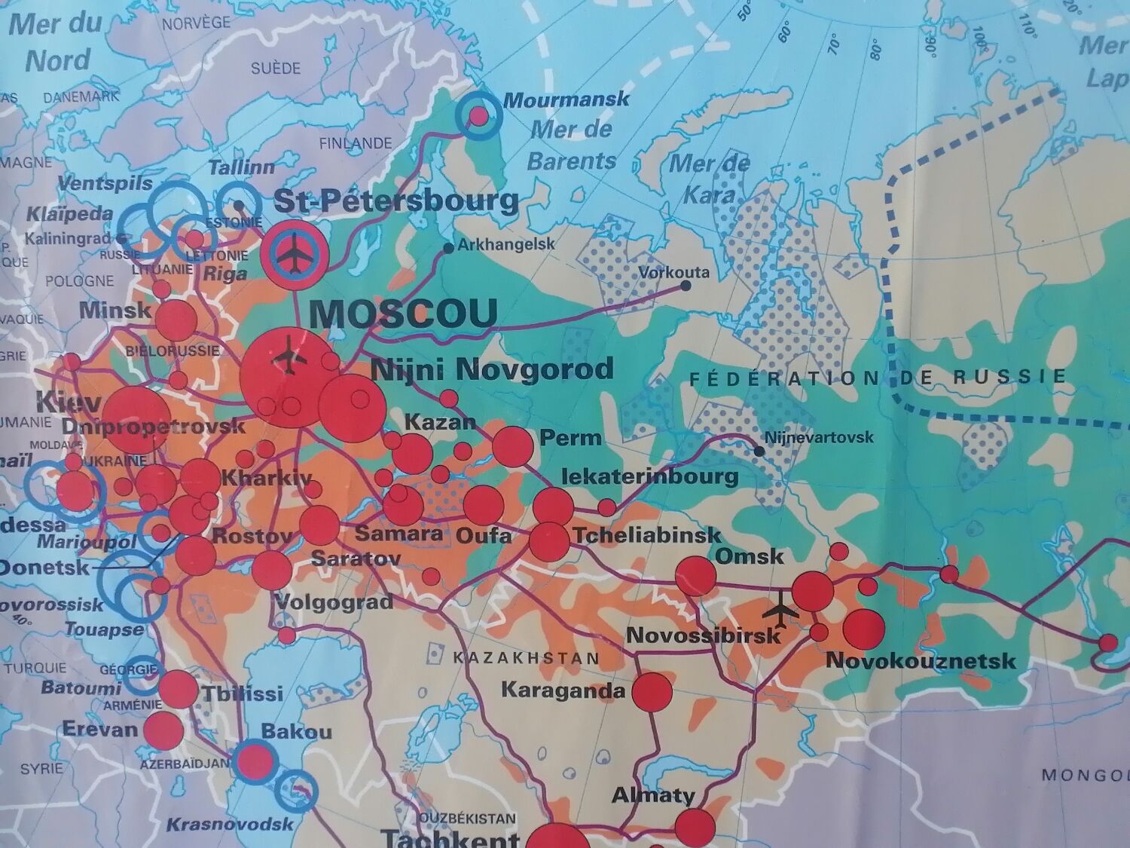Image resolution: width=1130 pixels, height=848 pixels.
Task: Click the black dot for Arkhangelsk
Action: pyautogui.click(x=449, y=248)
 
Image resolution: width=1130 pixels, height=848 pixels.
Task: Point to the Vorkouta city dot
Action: pyautogui.click(x=686, y=286)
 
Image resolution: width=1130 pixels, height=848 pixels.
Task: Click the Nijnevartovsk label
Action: pyautogui.click(x=819, y=437)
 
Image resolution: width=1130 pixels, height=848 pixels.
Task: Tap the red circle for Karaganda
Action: pyautogui.click(x=652, y=692)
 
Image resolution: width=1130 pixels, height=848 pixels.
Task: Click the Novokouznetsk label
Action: pyautogui.click(x=921, y=661)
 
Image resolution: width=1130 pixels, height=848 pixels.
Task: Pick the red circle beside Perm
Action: pyautogui.click(x=513, y=446)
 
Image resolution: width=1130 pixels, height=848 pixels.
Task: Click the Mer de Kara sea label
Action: pyautogui.click(x=709, y=179)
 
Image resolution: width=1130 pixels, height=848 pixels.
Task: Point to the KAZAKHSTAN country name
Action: pyautogui.click(x=526, y=658)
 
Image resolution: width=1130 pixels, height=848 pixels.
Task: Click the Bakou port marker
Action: pyautogui.click(x=254, y=761)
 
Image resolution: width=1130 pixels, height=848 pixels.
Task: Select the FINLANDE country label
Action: pyautogui.click(x=356, y=143)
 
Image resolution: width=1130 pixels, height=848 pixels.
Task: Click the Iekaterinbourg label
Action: pyautogui.click(x=650, y=476)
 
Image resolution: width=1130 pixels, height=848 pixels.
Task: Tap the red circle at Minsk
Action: pyautogui.click(x=176, y=320)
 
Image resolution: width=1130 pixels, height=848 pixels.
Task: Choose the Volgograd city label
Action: pyautogui.click(x=334, y=602)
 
